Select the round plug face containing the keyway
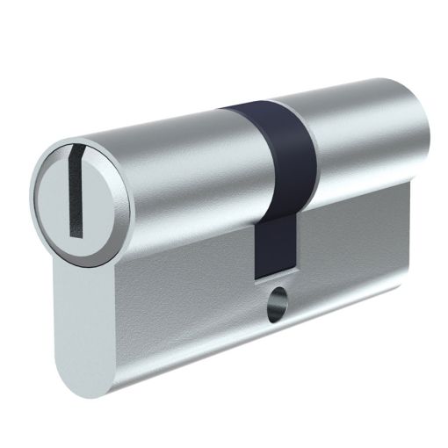tap(79, 198)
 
